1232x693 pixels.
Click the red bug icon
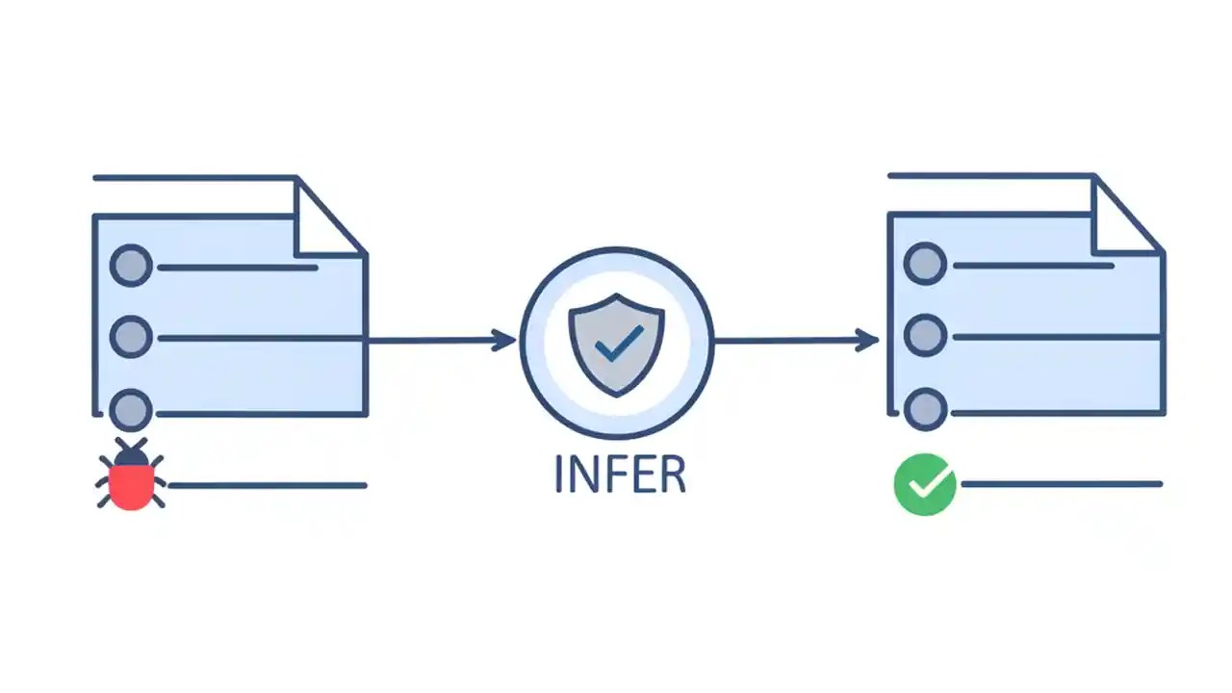click(131, 477)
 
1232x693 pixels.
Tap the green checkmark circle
click(925, 484)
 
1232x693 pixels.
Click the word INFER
click(620, 474)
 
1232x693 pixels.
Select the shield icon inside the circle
click(616, 344)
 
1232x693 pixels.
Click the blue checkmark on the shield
click(619, 342)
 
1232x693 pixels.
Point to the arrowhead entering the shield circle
click(504, 340)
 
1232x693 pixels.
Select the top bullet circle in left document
click(131, 266)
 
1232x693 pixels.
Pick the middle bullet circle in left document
click(131, 338)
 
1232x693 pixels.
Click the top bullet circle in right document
click(926, 264)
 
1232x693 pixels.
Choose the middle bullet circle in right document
click(926, 336)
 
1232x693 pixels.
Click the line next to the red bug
click(267, 485)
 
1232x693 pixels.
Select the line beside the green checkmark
click(1061, 484)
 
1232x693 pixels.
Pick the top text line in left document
click(236, 267)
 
